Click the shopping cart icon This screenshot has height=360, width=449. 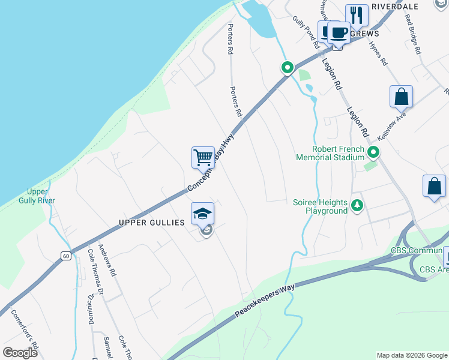click(203, 158)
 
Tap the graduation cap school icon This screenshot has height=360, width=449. click(202, 214)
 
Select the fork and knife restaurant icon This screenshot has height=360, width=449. click(357, 15)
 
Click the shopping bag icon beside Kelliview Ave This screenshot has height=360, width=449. click(401, 97)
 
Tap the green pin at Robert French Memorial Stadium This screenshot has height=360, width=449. click(373, 153)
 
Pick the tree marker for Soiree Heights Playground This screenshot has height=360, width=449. click(357, 206)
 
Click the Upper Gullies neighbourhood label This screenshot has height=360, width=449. click(151, 223)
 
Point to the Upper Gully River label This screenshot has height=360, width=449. click(37, 196)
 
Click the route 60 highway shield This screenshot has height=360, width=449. click(65, 256)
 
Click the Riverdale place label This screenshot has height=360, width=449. click(394, 7)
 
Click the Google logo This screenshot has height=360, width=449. click(20, 352)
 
